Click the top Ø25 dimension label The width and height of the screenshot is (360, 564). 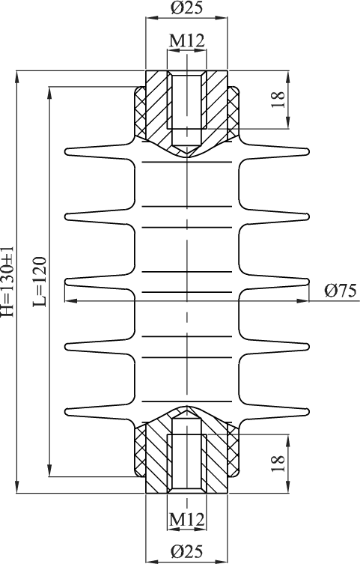186,7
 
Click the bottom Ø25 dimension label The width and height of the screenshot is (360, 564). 186,551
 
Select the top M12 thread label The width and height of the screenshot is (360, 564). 187,40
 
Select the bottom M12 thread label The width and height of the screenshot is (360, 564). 187,519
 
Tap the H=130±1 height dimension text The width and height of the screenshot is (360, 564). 7,282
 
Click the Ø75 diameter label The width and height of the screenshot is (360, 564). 341,291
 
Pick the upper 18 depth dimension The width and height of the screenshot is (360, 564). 278,99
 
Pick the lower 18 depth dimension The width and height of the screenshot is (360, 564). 278,464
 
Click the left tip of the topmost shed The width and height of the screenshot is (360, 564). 65,151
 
